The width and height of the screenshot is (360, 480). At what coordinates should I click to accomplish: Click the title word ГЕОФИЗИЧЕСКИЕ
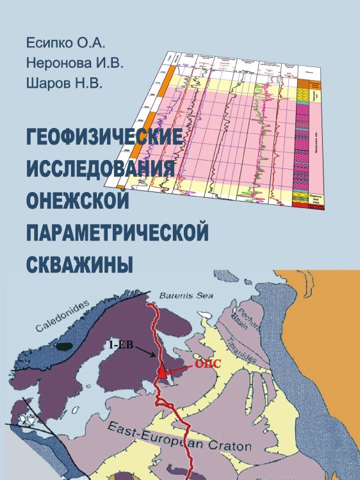[x=102, y=138]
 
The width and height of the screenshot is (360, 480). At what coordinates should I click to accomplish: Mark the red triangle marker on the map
[x=163, y=372]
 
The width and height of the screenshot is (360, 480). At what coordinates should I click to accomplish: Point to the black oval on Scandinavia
[x=63, y=346]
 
